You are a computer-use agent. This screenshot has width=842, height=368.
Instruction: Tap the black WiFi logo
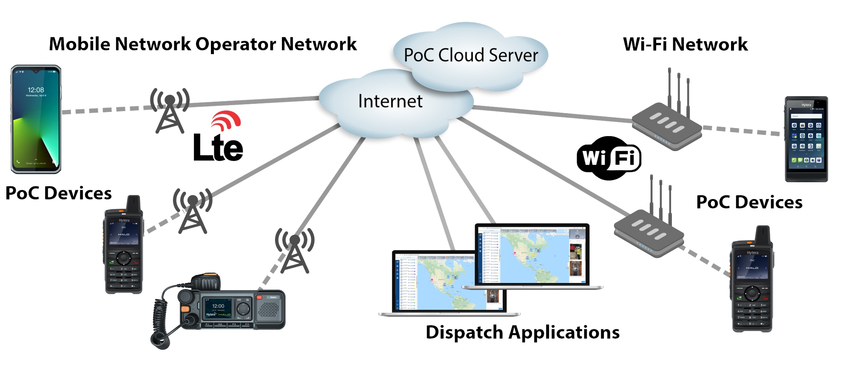pos(609,158)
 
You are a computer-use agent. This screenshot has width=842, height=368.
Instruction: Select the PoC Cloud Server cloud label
pos(470,55)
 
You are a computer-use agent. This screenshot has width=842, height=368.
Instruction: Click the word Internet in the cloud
pos(390,101)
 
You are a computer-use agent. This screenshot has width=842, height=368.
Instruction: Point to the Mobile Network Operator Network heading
pos(203,44)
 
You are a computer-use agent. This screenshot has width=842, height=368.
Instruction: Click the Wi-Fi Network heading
pos(685,44)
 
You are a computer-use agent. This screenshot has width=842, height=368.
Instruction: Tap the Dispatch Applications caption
pos(522,332)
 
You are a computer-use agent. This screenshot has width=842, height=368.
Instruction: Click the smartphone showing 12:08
pos(36,119)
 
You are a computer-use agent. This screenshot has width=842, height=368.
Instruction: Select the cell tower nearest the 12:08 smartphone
pos(170,111)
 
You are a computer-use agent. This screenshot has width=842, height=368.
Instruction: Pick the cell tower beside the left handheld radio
pos(193,211)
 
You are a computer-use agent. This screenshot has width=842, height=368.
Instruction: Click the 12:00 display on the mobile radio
pos(218,307)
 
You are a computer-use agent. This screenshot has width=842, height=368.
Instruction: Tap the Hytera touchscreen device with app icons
pos(806,139)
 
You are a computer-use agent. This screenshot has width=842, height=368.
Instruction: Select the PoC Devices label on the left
pos(58,193)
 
